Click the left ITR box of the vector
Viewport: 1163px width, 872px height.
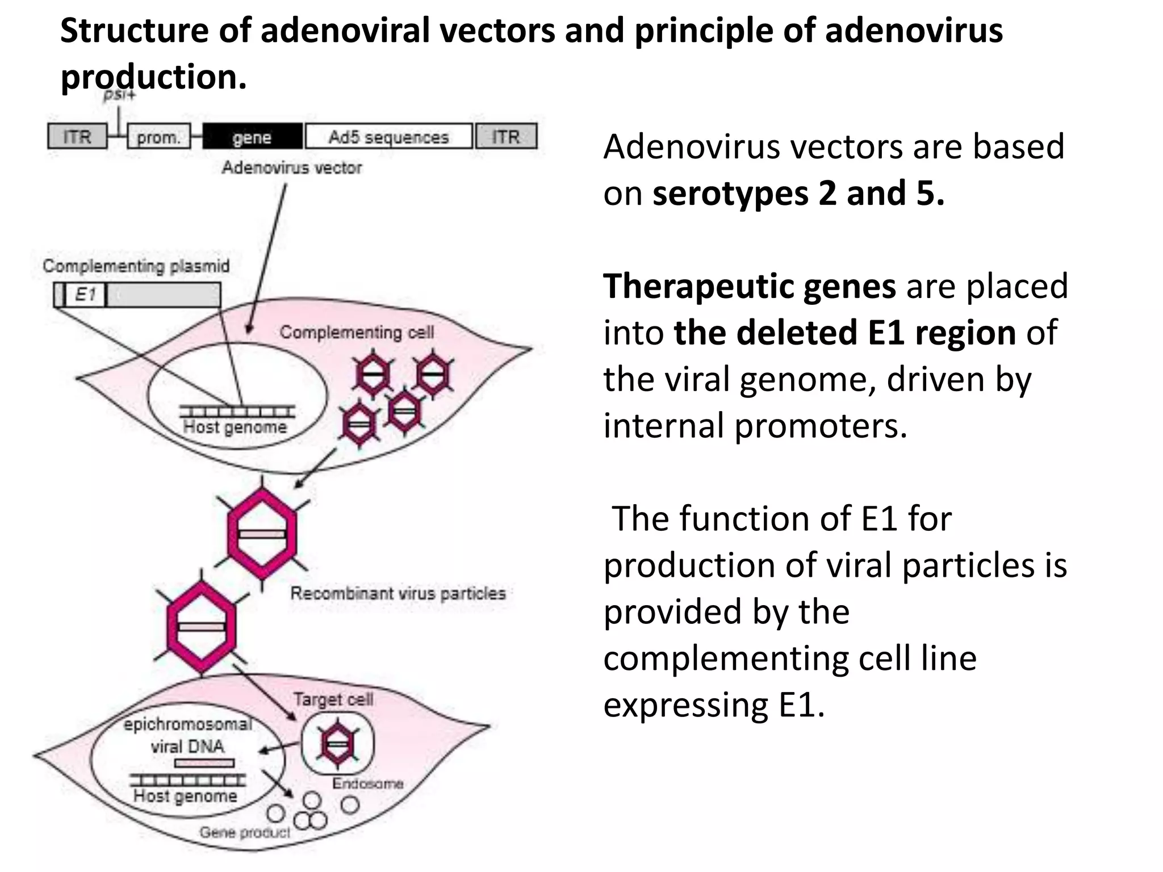click(x=77, y=137)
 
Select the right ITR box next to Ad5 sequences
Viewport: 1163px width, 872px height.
click(x=506, y=137)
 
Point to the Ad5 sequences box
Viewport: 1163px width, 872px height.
click(x=389, y=137)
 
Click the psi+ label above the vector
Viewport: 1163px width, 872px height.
click(x=119, y=94)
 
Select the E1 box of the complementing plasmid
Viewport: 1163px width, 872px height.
click(x=85, y=295)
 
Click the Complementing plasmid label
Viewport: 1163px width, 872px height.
click(x=136, y=266)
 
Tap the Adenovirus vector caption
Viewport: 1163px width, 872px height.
click(x=292, y=167)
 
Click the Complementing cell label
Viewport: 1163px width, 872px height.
click(x=357, y=332)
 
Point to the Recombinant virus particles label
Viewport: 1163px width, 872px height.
click(x=398, y=593)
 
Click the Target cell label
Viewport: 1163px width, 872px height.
click(x=333, y=699)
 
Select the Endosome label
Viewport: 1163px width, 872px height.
click(x=368, y=783)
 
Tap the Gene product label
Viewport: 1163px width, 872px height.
click(x=245, y=832)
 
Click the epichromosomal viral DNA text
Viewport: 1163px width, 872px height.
click(x=188, y=735)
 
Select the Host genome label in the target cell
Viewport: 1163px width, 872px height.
click(x=185, y=796)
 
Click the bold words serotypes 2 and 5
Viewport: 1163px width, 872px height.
click(x=798, y=194)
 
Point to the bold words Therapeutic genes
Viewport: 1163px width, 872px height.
click(x=750, y=286)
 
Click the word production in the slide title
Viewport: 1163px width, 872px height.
click(x=154, y=77)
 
